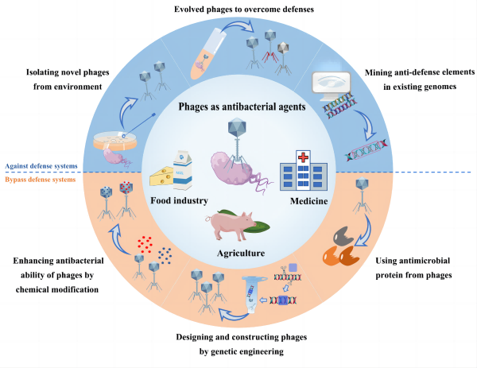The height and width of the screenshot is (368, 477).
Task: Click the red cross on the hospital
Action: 303,157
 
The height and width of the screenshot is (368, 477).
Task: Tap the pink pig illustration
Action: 231,225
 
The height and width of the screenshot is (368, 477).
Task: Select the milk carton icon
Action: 183,170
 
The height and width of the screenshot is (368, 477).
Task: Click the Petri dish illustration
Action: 114,141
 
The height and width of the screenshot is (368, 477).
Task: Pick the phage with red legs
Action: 270,46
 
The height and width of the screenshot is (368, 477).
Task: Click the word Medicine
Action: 308,201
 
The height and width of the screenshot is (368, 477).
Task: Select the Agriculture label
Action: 241,253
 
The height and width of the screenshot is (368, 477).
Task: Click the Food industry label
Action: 179,201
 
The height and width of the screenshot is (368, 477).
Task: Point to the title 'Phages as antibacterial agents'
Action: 242,107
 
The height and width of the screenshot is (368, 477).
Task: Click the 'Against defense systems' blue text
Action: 41,166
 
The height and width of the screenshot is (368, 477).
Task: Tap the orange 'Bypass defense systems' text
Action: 41,180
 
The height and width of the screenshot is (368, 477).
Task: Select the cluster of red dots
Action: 145,244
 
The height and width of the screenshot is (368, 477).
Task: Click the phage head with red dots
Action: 126,188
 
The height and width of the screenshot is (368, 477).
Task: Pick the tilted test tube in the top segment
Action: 208,53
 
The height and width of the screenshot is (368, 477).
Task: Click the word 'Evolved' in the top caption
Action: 191,10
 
